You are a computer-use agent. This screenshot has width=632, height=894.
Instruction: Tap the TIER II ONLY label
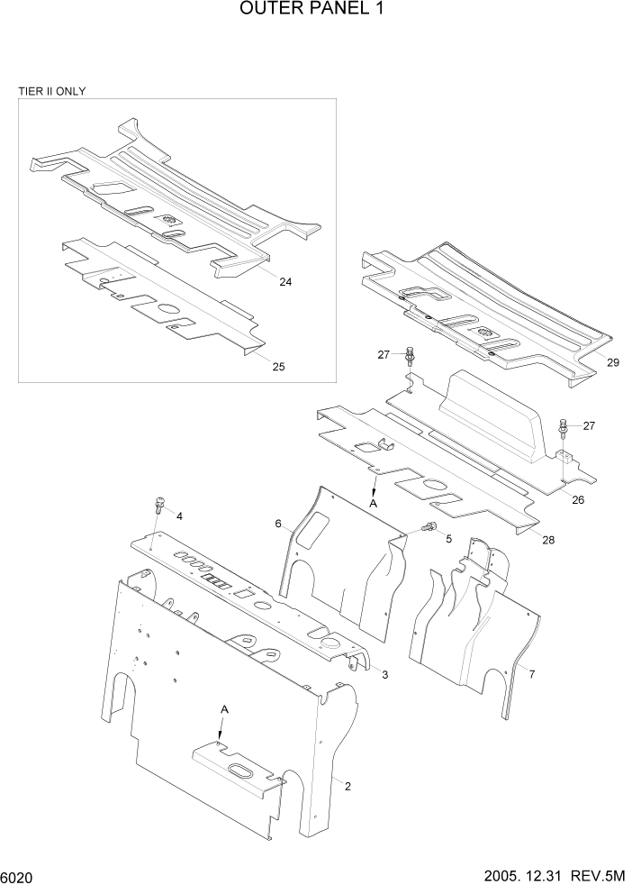(x=52, y=92)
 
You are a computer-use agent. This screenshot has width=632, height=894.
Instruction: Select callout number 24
(x=284, y=282)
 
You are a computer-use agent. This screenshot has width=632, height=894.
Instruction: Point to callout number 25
(x=278, y=366)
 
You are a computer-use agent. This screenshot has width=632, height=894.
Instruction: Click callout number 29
(x=613, y=362)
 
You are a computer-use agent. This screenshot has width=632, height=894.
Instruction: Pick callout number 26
(x=578, y=499)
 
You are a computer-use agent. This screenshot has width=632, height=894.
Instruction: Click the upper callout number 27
(x=384, y=355)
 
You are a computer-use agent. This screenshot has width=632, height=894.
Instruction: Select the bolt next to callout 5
(x=429, y=527)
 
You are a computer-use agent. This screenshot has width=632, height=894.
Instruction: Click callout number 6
(x=279, y=524)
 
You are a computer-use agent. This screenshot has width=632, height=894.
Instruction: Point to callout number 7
(x=531, y=673)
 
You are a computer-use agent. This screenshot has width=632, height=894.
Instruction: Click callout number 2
(x=348, y=785)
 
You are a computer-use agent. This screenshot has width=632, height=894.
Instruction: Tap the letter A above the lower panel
(x=225, y=710)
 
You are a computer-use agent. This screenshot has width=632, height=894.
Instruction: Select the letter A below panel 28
(x=372, y=504)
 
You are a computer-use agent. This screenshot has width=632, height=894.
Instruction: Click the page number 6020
(x=19, y=877)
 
